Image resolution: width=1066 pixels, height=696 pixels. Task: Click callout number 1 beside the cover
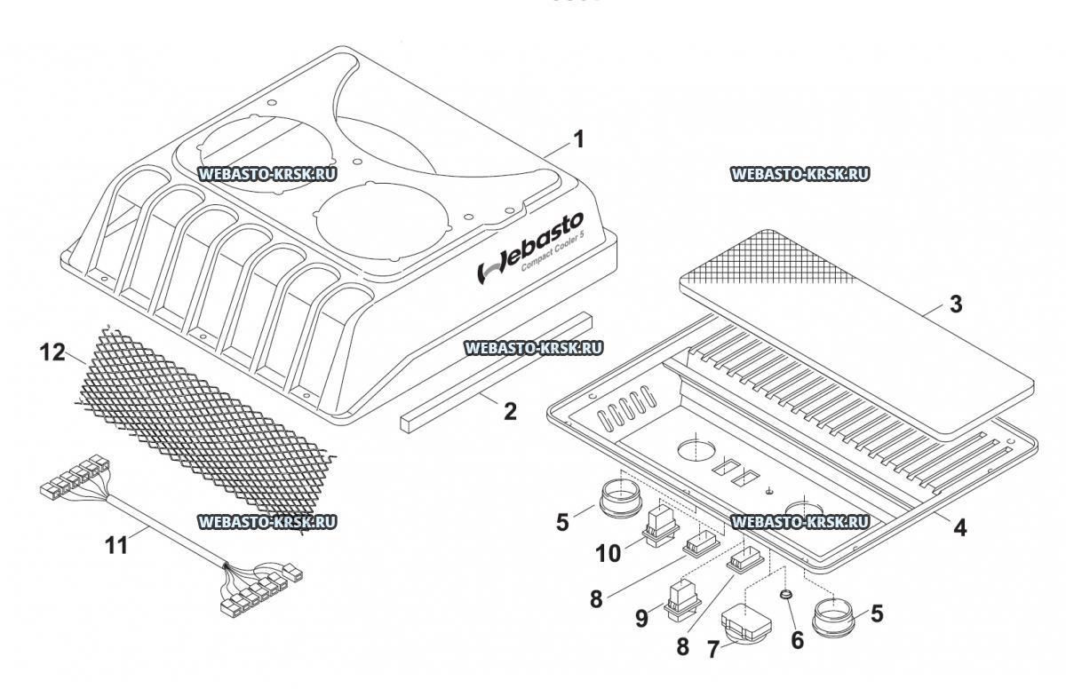[578, 139]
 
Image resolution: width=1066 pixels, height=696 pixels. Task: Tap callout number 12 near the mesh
[52, 353]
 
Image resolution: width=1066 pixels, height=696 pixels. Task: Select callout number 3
[955, 304]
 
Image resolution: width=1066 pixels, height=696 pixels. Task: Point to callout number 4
[959, 526]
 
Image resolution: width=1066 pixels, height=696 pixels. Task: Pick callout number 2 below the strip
[509, 411]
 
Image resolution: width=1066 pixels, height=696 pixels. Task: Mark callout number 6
[797, 639]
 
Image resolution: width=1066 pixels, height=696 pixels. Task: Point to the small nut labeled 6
[786, 593]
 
